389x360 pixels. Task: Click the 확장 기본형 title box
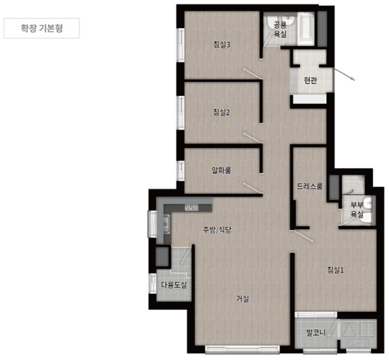coord(42,28)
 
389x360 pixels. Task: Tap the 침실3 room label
coord(222,45)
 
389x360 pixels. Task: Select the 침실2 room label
coord(222,112)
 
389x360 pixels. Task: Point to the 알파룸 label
coord(222,170)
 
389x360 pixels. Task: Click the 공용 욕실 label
coord(280,30)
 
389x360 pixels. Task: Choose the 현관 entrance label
coord(310,80)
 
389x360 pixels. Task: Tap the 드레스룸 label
coord(310,186)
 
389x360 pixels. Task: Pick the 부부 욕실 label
coord(357,209)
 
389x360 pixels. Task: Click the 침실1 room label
coord(336,269)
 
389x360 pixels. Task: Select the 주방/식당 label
coord(217,230)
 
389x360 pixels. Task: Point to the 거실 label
coord(243,299)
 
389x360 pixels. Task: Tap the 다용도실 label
coord(173,285)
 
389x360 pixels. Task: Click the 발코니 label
coord(316,332)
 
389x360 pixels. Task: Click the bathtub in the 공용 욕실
coord(306,29)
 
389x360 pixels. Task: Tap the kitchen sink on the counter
coord(165,224)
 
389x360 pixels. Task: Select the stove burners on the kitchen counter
coord(192,207)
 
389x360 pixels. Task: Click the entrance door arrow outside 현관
coord(344,74)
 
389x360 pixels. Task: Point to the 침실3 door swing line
coord(252,74)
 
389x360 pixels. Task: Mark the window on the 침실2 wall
coord(181,112)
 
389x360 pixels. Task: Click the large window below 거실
coord(242,349)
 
